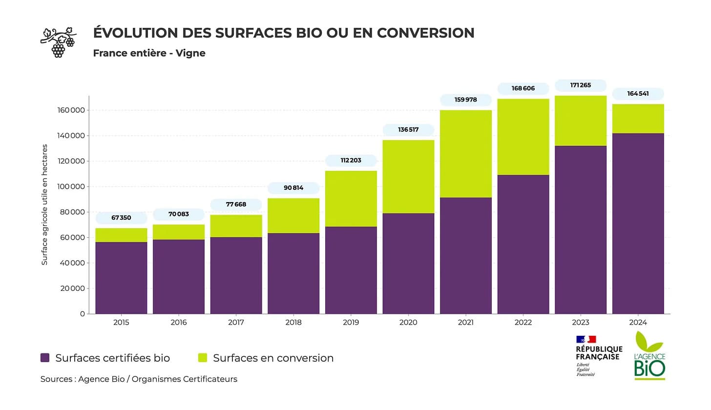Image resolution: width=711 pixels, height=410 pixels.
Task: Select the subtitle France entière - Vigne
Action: pos(149,53)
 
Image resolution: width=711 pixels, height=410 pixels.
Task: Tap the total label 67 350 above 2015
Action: pos(121,218)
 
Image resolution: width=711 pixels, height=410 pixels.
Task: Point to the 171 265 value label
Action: pos(581,85)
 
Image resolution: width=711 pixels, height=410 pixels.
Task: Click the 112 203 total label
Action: pos(351,161)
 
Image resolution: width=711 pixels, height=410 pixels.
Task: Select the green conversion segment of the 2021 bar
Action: pos(466,154)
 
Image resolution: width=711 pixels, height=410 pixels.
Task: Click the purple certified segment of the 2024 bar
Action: pos(638,223)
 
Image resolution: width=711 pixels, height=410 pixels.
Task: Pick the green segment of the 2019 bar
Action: pos(351,199)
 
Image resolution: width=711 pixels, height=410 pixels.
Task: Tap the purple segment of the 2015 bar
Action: pos(121,278)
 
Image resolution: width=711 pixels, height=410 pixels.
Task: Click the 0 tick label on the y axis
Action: pos(82,314)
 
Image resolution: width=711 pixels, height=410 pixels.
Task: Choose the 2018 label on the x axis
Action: pos(293,323)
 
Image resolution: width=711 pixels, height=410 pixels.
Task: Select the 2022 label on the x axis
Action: pos(523,323)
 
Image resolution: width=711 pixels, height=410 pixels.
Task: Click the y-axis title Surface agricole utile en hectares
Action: pos(44,205)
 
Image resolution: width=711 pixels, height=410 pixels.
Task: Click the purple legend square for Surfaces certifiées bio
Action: pos(45,358)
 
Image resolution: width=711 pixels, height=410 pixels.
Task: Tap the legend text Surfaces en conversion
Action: pos(273,358)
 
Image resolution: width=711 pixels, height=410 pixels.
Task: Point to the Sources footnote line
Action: pos(139,379)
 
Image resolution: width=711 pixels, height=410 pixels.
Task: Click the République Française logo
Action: pos(599,355)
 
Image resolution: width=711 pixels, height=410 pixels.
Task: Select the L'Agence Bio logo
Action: pos(649,356)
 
